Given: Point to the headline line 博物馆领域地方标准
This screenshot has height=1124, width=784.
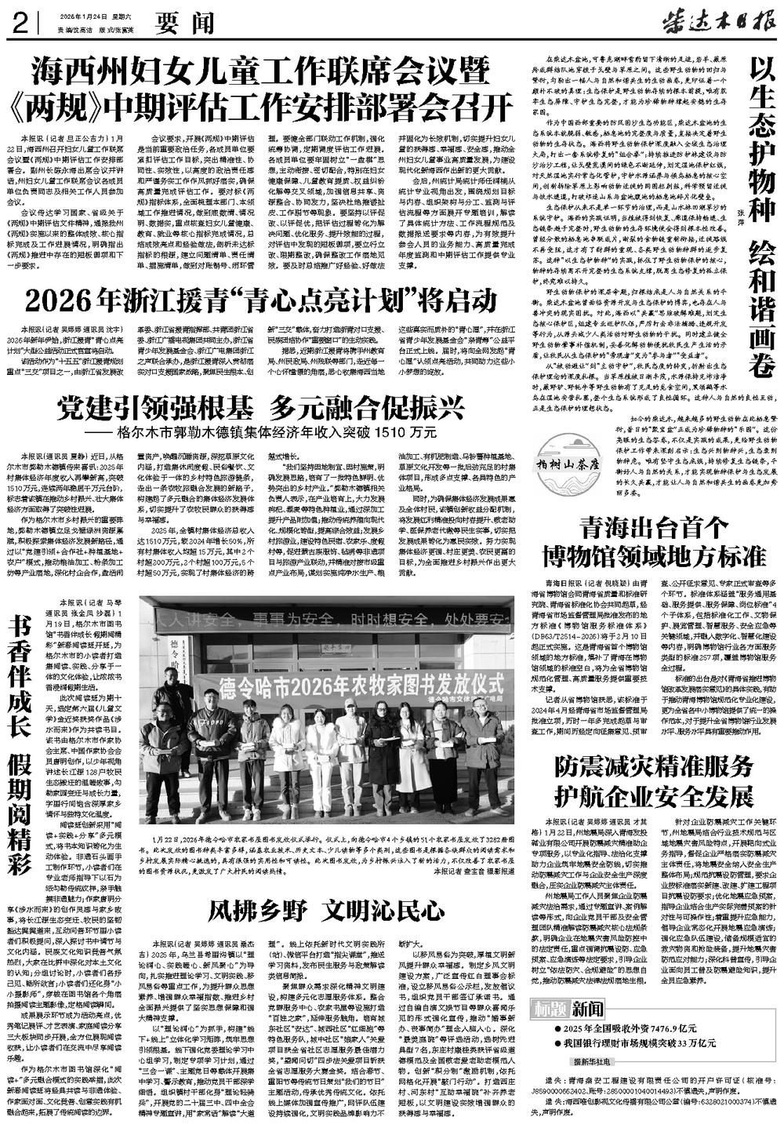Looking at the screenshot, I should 654,556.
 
